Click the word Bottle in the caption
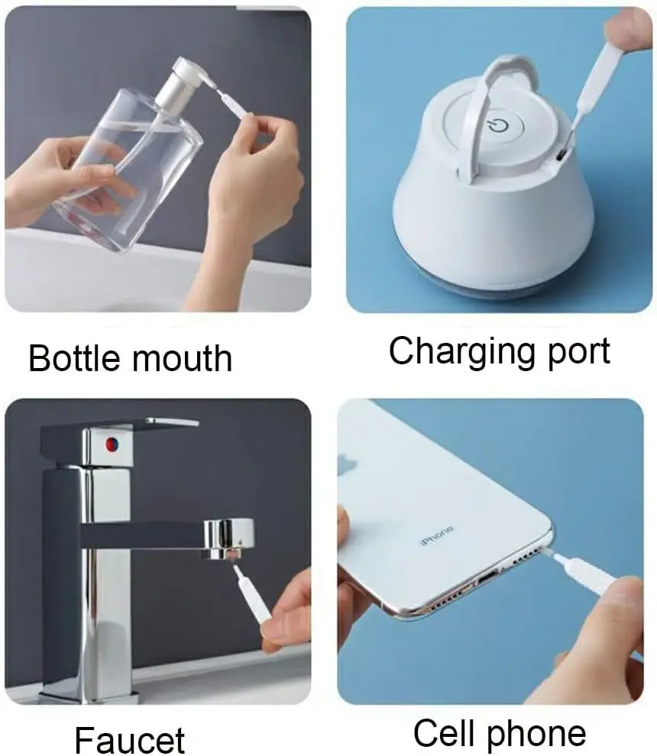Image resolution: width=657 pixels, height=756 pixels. click(73, 357)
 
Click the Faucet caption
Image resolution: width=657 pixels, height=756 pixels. click(130, 739)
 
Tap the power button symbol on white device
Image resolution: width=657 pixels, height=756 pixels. click(497, 123)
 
